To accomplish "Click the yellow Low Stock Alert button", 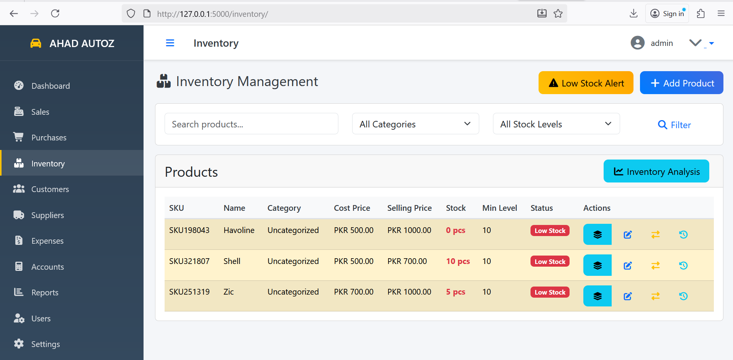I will (x=586, y=83).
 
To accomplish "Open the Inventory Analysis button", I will (x=656, y=171).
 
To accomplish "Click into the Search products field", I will (x=251, y=124).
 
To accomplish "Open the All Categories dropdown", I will (x=415, y=124).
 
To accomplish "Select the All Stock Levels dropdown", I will (x=556, y=124).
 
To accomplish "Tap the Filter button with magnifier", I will (x=674, y=125).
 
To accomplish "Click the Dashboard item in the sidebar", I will (x=50, y=86).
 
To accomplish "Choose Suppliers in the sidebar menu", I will (x=47, y=215).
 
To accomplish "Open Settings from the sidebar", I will (x=45, y=344).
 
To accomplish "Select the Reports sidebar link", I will (x=44, y=292).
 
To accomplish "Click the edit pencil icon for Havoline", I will (x=627, y=235).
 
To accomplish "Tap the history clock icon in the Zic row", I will (x=683, y=296).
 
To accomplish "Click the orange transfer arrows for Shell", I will (x=655, y=266).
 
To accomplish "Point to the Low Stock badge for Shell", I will (x=550, y=262).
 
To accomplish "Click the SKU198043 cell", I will (x=189, y=230).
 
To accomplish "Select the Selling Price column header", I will (x=409, y=208).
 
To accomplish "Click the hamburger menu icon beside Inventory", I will (x=170, y=43).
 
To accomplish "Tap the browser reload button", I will (x=55, y=14).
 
